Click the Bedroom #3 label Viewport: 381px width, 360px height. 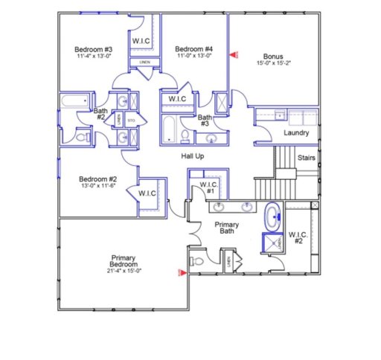[x=93, y=48]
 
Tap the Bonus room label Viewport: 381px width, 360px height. [x=273, y=55]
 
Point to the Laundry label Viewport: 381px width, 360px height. [x=295, y=132]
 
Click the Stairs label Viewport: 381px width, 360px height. [x=306, y=158]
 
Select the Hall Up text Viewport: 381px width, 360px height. [x=193, y=155]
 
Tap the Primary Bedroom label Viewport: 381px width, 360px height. [x=124, y=261]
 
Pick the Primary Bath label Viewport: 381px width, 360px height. [x=226, y=227]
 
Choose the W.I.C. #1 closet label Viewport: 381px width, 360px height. [x=211, y=187]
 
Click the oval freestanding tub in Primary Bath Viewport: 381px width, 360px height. [x=273, y=217]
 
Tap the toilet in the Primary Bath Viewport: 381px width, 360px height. [x=196, y=262]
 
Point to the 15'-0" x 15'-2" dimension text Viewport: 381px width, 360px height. [x=273, y=63]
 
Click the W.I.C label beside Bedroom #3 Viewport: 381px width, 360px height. [x=141, y=39]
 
